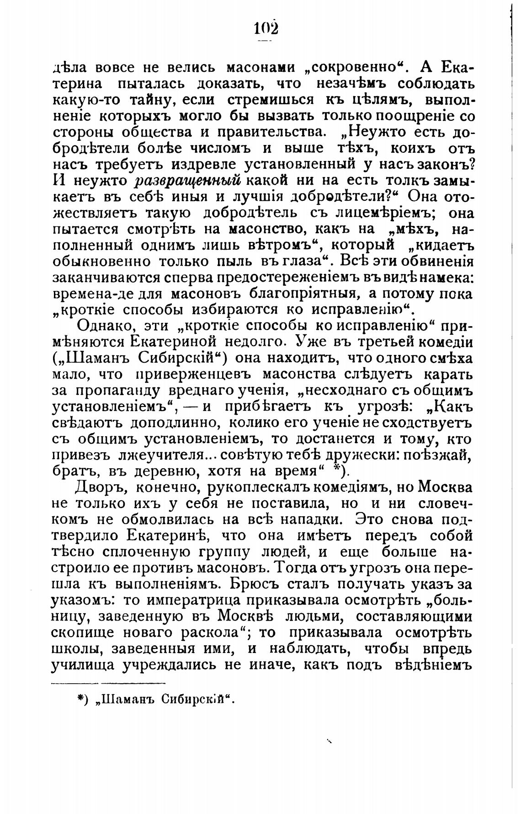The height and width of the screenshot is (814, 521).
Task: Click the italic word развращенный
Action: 188,180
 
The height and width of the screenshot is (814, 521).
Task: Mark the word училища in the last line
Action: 83,666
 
